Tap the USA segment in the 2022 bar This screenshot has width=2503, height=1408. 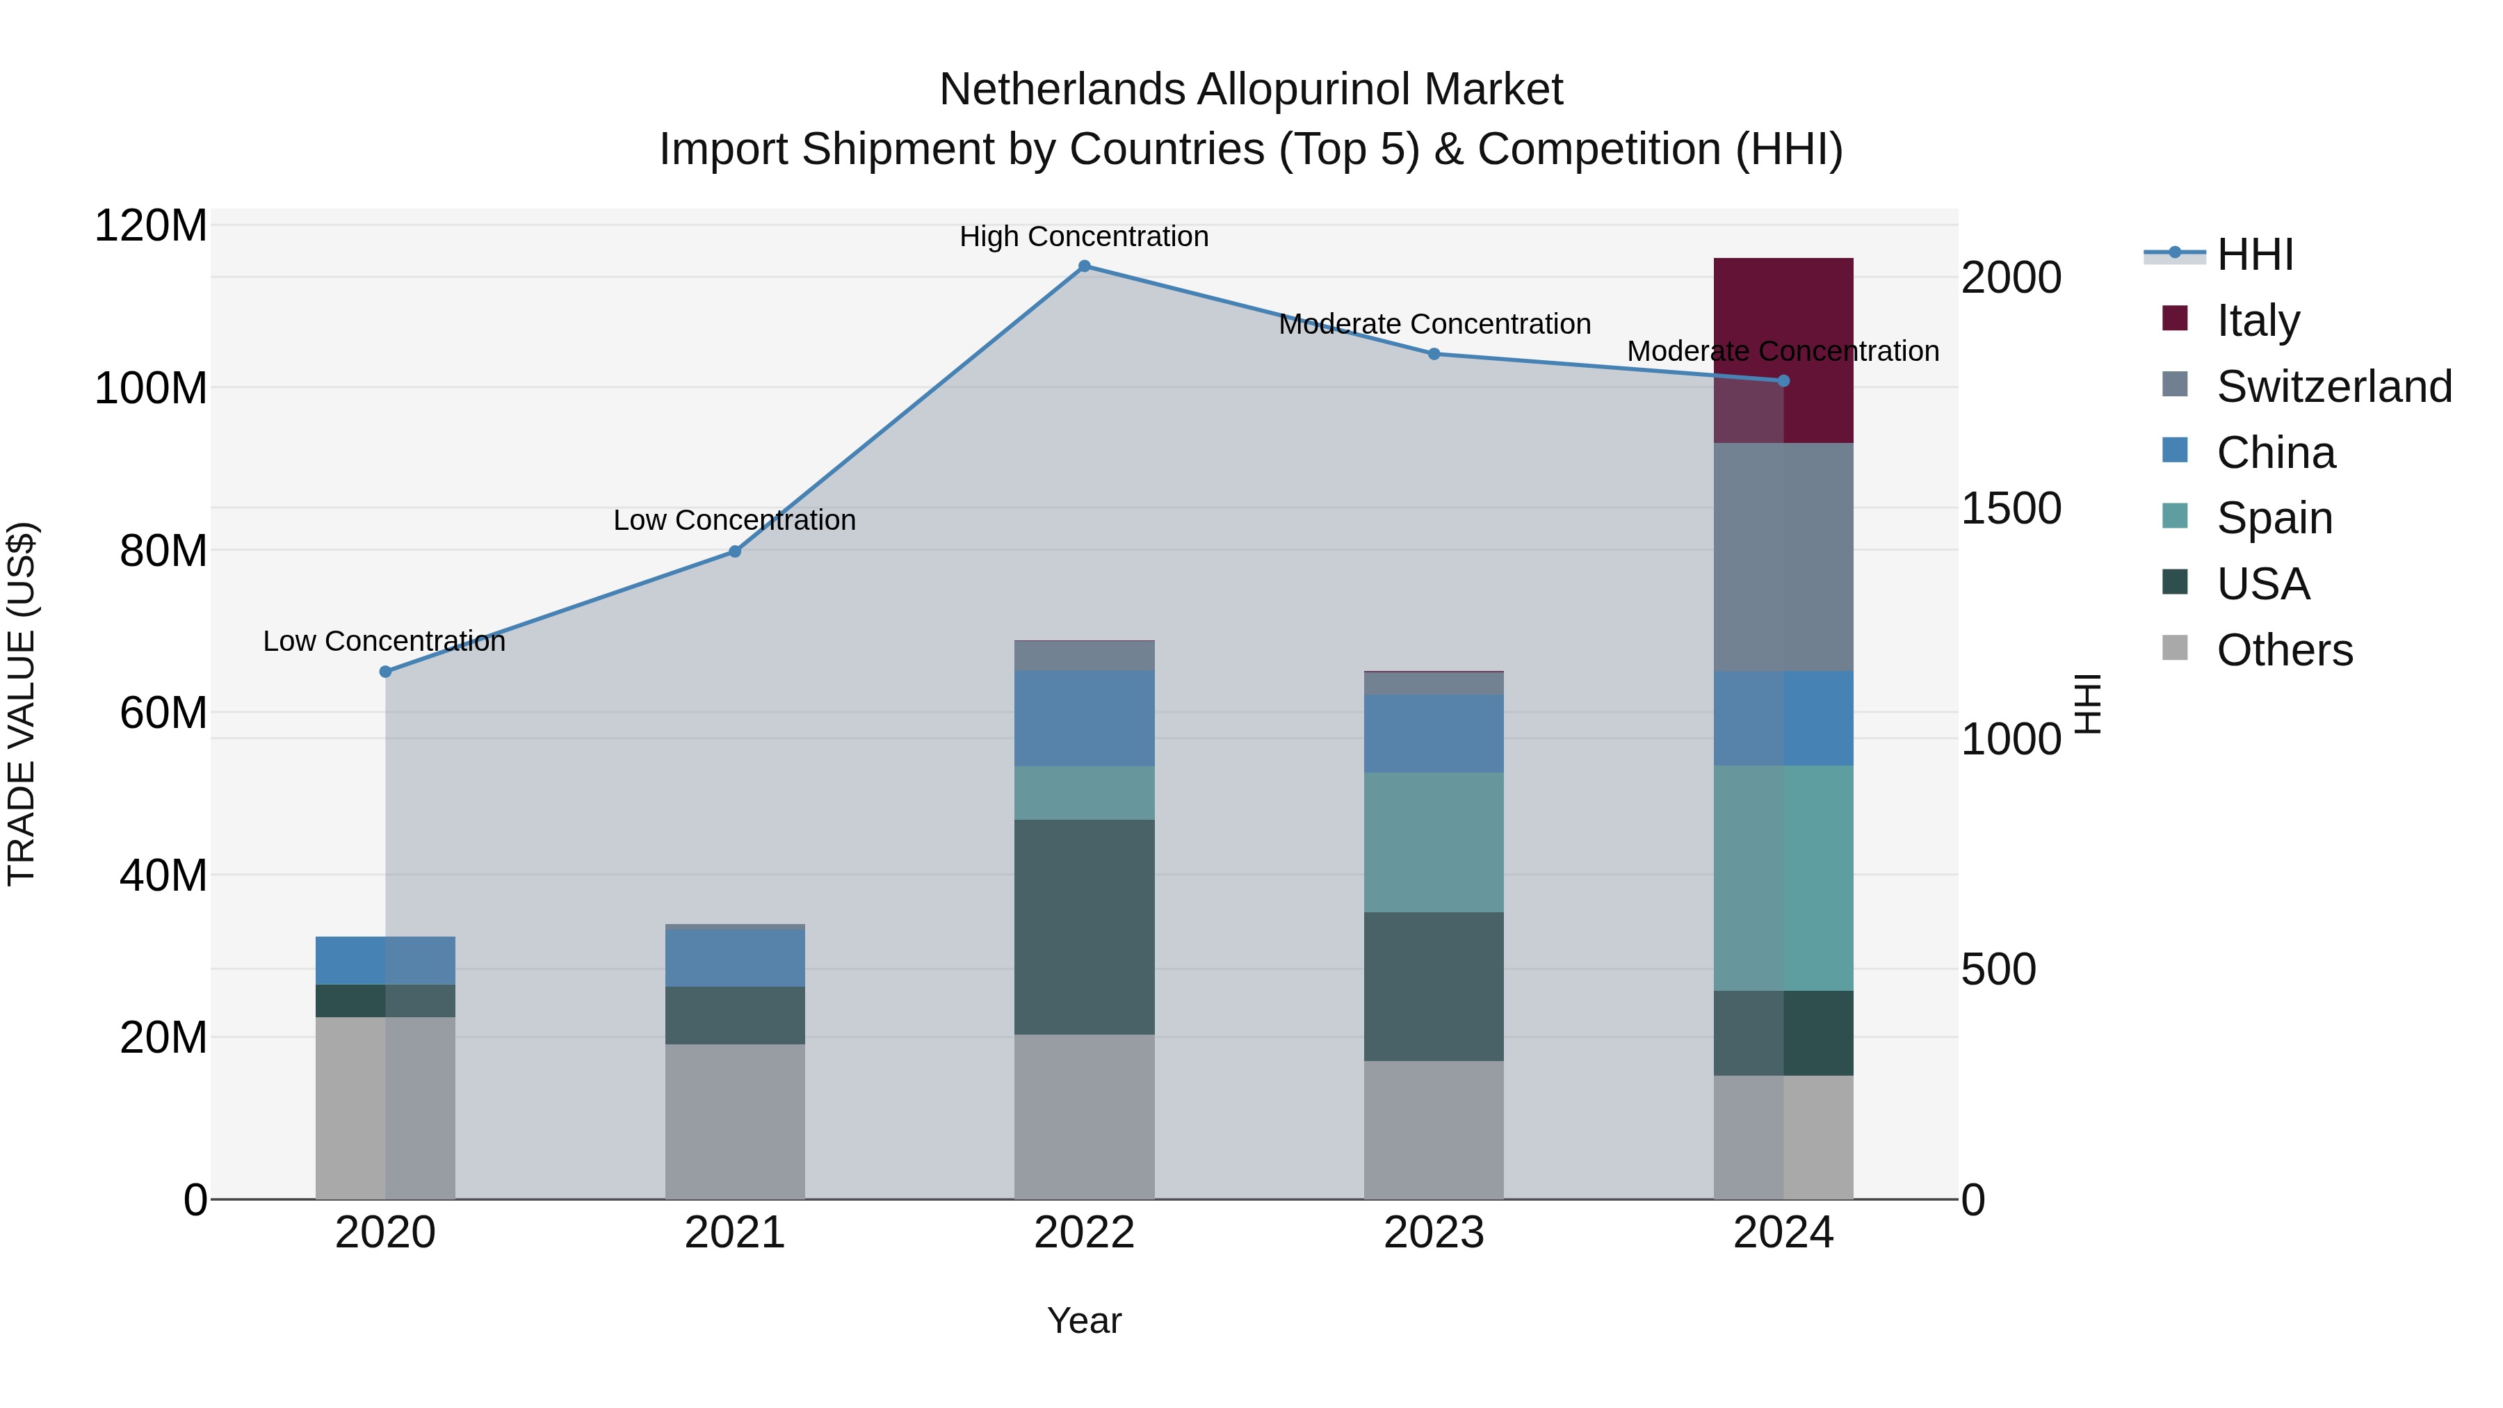[x=1085, y=926]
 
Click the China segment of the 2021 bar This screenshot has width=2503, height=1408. [x=735, y=958]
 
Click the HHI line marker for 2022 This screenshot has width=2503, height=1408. [x=1085, y=266]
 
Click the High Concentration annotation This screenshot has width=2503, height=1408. [x=1085, y=237]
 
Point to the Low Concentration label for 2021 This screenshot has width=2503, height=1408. [x=735, y=521]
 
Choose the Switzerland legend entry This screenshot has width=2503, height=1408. [x=2334, y=387]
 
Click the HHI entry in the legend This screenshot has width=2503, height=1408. [x=2254, y=254]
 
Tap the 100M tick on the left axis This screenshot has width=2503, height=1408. [x=151, y=389]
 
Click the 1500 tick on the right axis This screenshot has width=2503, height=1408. [x=2010, y=508]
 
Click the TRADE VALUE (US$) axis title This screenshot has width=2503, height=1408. [x=22, y=704]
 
